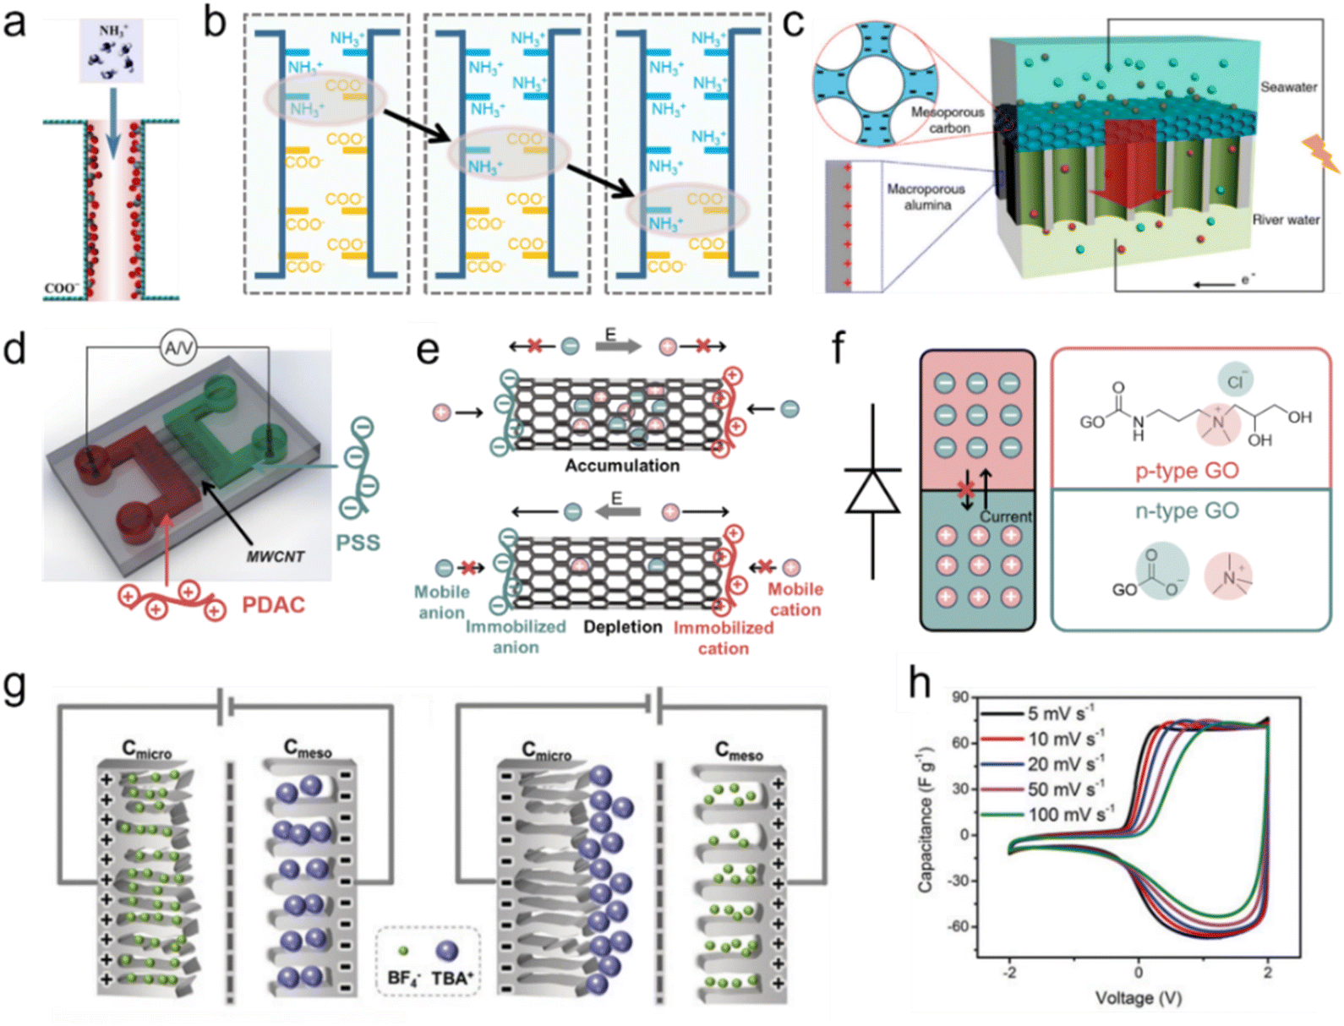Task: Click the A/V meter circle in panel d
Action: (178, 347)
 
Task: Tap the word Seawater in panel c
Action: (1288, 87)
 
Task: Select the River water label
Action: (1285, 220)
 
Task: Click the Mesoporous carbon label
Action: (948, 120)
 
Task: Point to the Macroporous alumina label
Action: (926, 197)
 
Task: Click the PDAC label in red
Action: (273, 605)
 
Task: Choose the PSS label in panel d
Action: (358, 543)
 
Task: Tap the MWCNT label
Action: (276, 557)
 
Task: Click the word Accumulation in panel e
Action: (622, 466)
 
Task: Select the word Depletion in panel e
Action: (623, 627)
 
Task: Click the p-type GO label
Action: (1187, 471)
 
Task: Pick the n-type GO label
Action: (1187, 510)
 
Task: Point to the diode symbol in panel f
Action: (872, 491)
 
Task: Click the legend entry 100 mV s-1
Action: (1070, 815)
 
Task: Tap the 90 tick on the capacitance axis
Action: (960, 697)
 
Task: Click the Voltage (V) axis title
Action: (1138, 998)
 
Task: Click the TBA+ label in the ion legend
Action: (452, 979)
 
